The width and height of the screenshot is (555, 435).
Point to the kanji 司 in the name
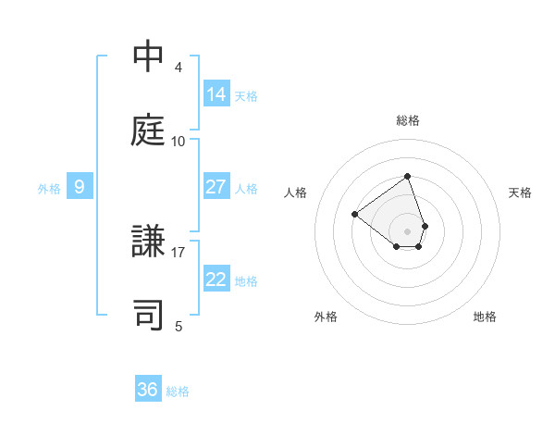pos(149,314)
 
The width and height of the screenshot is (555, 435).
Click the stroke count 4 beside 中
pos(179,68)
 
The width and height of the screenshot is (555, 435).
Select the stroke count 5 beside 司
pos(179,326)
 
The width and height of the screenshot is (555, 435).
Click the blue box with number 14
pos(216,93)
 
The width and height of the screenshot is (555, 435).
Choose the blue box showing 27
pos(216,187)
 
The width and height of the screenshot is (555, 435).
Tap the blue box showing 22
pos(216,280)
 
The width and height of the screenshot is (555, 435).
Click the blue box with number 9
pos(80,187)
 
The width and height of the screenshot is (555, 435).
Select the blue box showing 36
pos(148,390)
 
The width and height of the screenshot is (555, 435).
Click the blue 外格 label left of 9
pos(49,189)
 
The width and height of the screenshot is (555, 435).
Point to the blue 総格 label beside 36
pos(178,391)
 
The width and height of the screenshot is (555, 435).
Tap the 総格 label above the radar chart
pos(407,120)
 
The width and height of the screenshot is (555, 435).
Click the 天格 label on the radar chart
pos(520,193)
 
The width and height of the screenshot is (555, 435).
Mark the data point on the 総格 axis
pos(407,176)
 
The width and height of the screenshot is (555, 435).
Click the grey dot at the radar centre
pos(407,230)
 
